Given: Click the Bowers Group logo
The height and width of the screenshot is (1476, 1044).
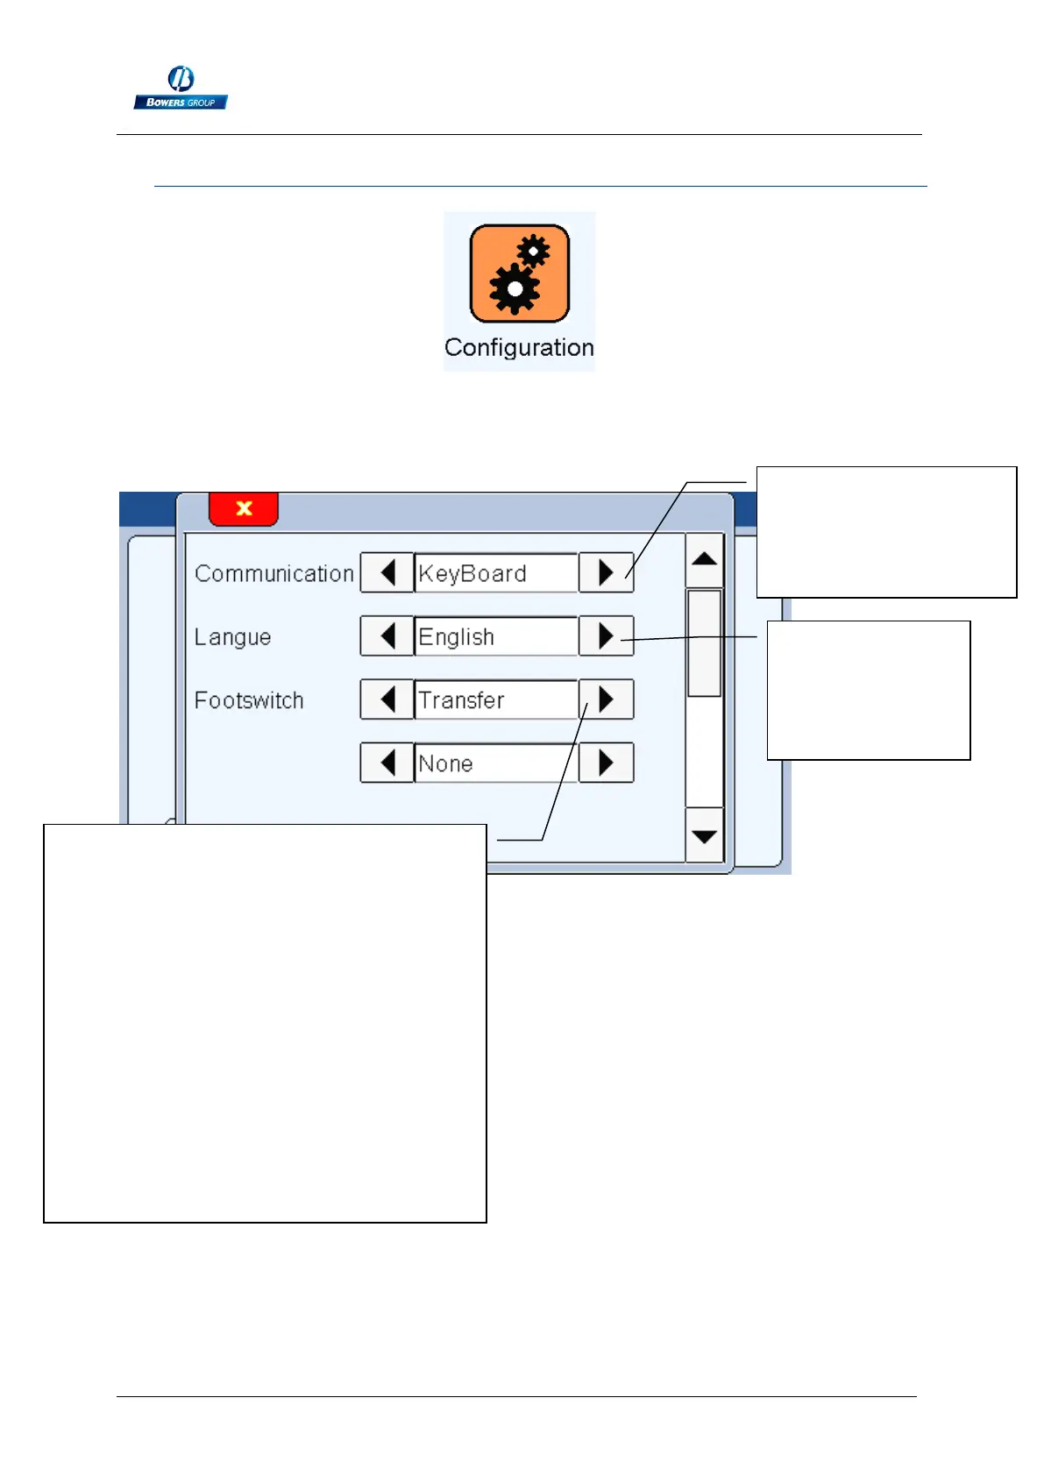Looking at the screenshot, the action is (181, 89).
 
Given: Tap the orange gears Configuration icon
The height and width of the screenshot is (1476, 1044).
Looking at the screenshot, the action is (519, 273).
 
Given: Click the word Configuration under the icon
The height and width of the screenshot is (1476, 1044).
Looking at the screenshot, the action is (519, 348).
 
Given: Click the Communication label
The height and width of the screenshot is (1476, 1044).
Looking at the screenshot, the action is (273, 573).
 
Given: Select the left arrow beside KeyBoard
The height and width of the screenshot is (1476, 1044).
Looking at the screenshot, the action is (387, 573).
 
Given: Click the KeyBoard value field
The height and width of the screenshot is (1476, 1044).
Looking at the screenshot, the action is (495, 573).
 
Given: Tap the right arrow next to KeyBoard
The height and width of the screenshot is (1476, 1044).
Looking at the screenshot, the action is (606, 573).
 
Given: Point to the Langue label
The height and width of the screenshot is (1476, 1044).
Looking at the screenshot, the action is (232, 637).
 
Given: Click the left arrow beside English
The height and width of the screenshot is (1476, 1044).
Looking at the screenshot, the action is (387, 636).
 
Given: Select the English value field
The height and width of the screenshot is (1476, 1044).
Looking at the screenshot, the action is (495, 636).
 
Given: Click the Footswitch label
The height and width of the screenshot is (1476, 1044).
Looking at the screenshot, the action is (249, 700).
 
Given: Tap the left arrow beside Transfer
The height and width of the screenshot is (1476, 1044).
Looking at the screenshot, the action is (387, 699).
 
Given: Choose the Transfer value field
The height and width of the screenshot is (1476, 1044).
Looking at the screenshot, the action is (495, 699).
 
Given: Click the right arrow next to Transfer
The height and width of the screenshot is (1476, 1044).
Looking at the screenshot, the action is (606, 699).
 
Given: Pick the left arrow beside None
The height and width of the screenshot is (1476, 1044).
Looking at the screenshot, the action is (387, 763).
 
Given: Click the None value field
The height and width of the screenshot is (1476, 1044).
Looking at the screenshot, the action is (495, 763).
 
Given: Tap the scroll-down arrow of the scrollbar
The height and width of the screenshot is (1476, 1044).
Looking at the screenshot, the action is (704, 836).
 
